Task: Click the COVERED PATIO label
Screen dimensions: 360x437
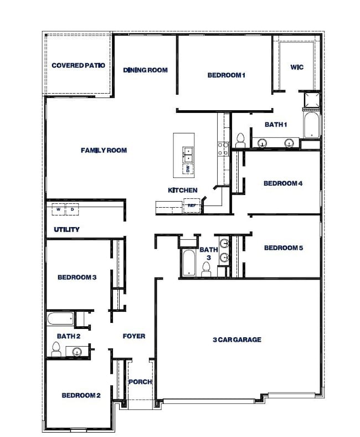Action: pos(78,65)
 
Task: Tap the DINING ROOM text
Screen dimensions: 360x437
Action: pos(146,70)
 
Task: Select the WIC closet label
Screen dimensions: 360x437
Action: pos(297,67)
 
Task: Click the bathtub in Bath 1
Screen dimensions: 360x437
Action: pos(311,125)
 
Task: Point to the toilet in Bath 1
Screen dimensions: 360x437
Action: pos(240,141)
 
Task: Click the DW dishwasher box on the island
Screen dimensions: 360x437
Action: pos(188,168)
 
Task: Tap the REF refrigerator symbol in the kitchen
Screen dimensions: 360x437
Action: pos(192,205)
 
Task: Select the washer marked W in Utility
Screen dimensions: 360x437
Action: pos(59,209)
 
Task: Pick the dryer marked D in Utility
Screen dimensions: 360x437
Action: pos(72,209)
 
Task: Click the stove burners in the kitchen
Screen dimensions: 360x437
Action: pos(223,149)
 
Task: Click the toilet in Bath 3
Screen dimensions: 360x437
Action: pos(206,269)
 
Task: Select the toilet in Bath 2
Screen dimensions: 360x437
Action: pos(56,349)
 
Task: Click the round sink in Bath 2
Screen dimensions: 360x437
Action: pos(76,352)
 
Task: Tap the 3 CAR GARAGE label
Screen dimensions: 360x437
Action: pos(237,340)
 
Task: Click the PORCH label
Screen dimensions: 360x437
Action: pos(141,382)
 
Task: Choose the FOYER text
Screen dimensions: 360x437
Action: pos(134,336)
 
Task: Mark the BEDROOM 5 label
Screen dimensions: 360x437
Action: pos(284,248)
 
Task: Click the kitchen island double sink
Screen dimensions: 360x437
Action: pos(188,155)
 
